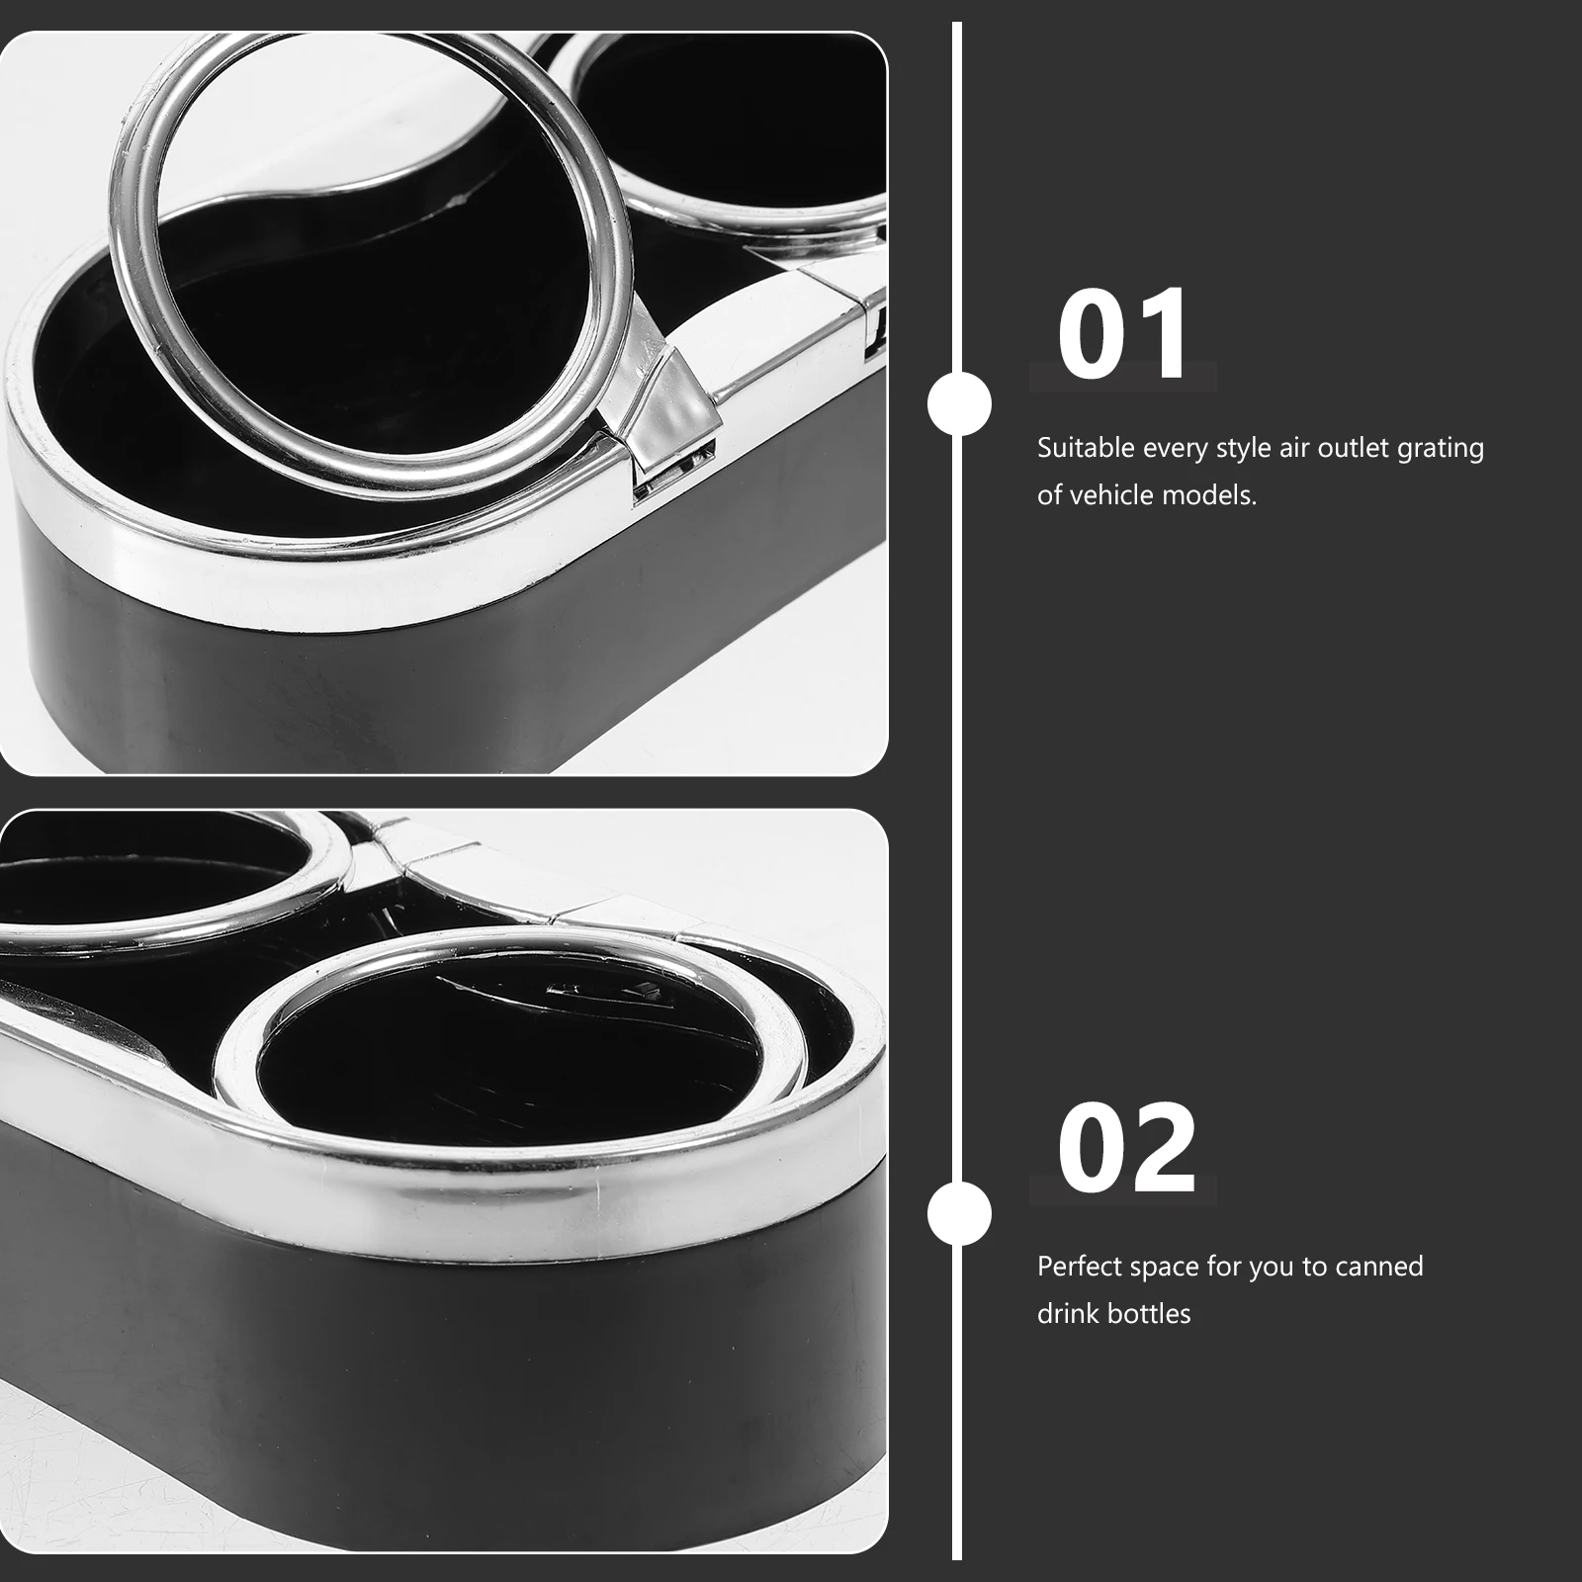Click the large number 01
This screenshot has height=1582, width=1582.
[x=1123, y=335]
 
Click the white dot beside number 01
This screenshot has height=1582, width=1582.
[x=958, y=403]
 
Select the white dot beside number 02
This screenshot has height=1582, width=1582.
[x=958, y=1214]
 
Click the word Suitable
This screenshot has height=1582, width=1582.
[x=1086, y=448]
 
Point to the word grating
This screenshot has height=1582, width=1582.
[x=1440, y=449]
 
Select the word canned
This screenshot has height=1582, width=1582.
[x=1378, y=1267]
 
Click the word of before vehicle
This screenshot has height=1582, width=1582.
[x=1049, y=494]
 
